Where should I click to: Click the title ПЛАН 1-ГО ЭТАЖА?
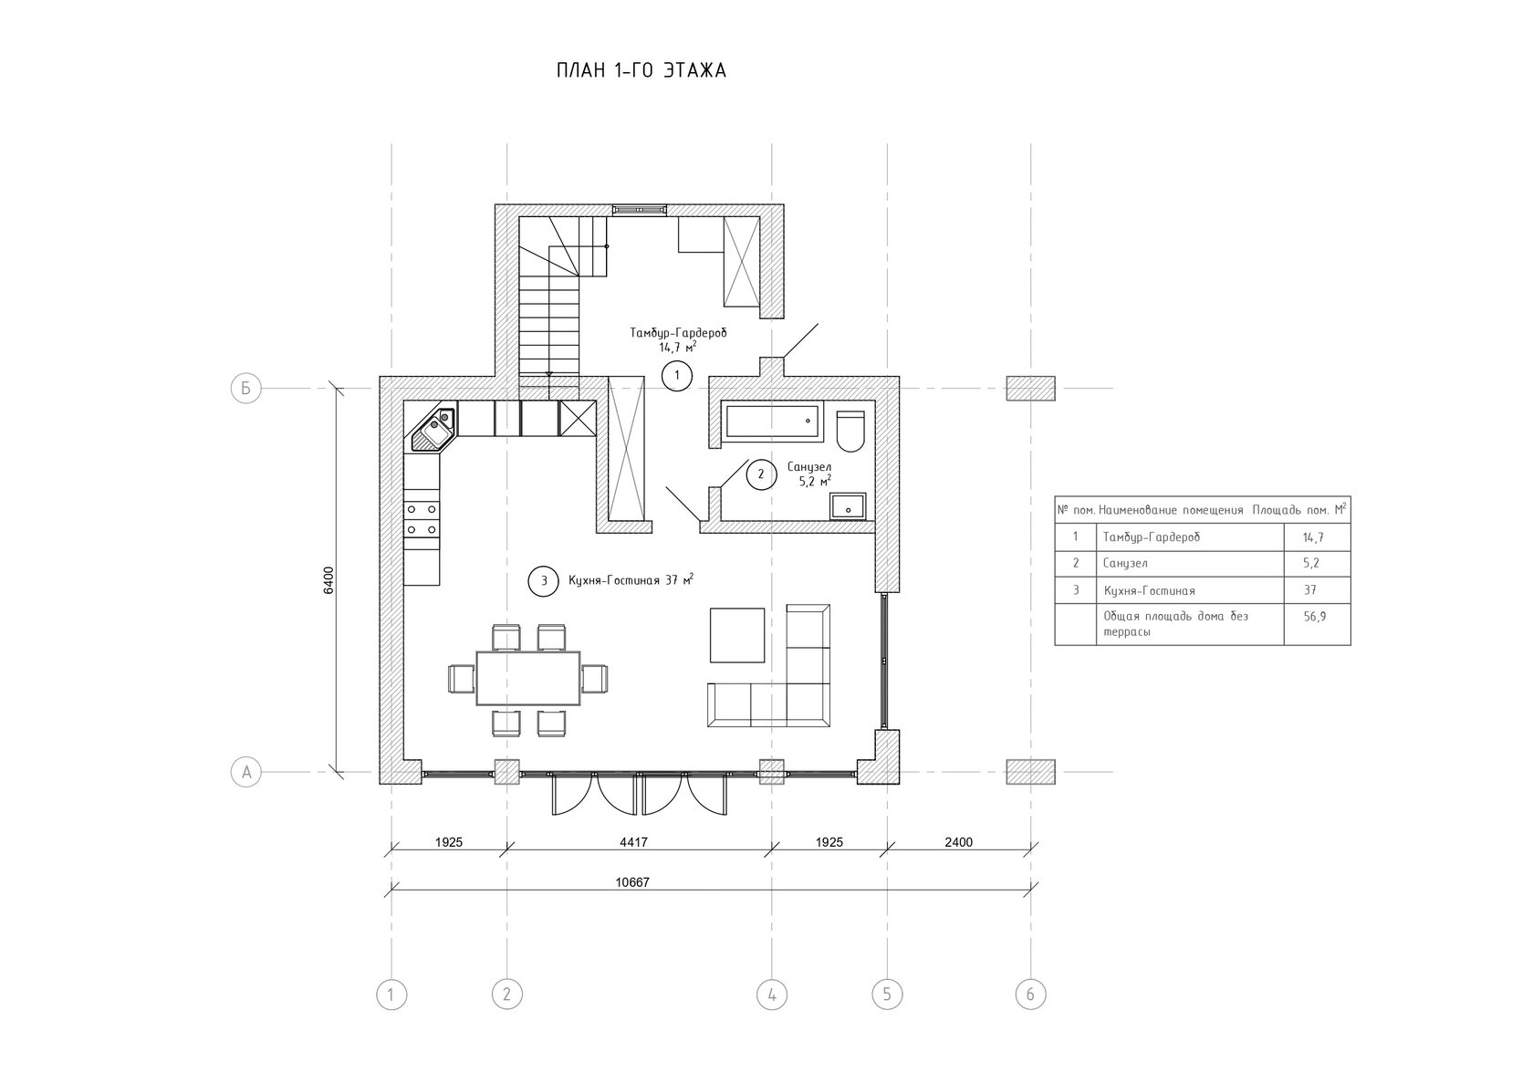[641, 70]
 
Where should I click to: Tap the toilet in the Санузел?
[850, 431]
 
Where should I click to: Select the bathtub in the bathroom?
[772, 421]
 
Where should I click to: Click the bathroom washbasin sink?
[848, 507]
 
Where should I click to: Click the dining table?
[527, 678]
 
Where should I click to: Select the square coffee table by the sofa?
[737, 635]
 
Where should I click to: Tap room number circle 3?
[544, 581]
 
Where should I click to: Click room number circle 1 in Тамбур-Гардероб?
[677, 376]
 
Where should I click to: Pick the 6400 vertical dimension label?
[328, 580]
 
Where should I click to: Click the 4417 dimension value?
[633, 842]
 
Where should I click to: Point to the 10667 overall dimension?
[632, 882]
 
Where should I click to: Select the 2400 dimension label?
[958, 842]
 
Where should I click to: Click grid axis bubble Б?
[245, 389]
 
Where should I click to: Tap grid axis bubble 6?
[1031, 994]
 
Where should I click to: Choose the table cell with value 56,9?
[1317, 624]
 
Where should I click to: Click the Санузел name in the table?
[1125, 563]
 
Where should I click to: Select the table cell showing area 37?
[1317, 589]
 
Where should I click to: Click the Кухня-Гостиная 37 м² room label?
[631, 580]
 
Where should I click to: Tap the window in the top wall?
[639, 210]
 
